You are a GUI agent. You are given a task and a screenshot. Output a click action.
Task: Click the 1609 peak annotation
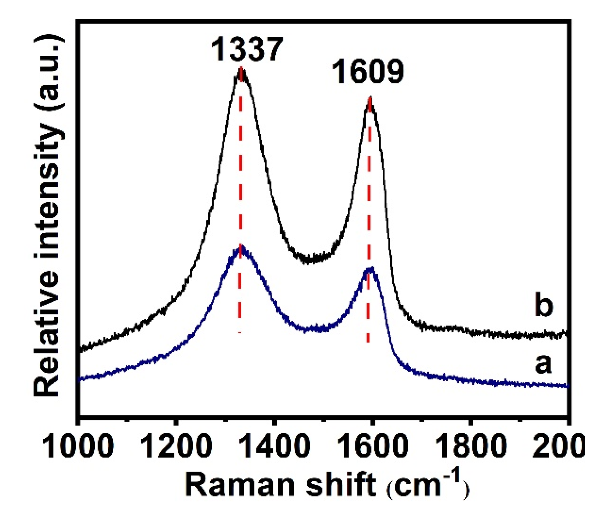coord(368,72)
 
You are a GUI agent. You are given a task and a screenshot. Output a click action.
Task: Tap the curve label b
coord(544,305)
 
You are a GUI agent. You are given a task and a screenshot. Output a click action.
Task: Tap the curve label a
coord(543,364)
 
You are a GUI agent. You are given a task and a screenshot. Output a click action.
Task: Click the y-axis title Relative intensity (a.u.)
coord(48,215)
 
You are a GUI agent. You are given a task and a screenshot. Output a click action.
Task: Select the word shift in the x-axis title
coord(341,484)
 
